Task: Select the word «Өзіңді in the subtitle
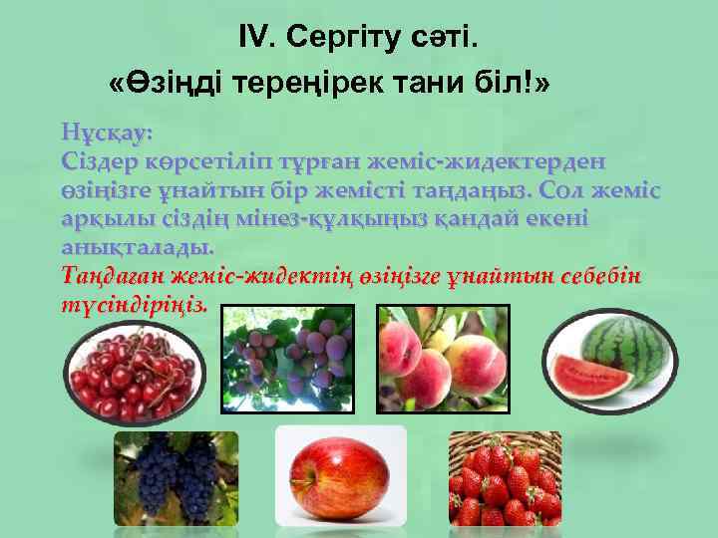tap(169, 84)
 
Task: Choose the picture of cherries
tap(133, 376)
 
